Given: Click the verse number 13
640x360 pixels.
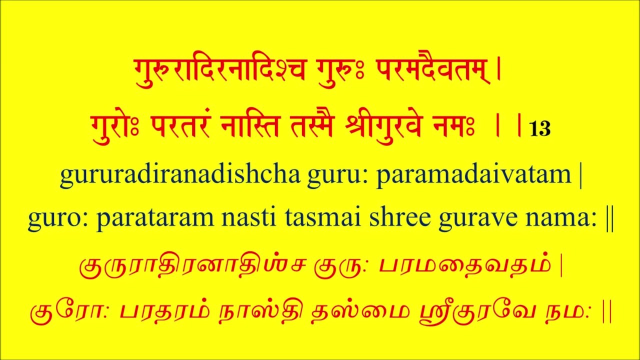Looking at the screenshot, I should (540, 129).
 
